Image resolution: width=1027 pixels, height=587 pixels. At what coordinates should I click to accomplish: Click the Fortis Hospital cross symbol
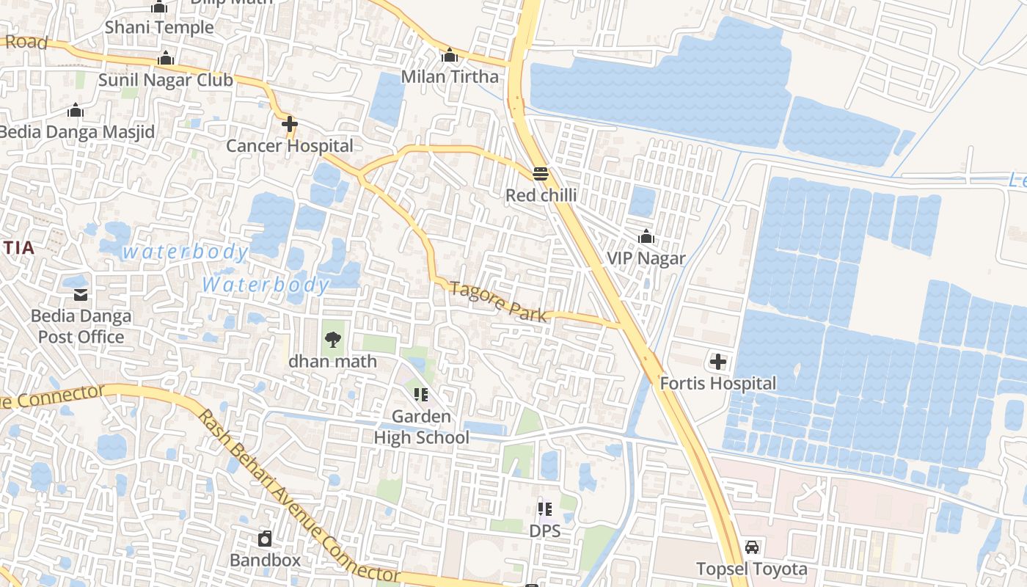click(x=717, y=362)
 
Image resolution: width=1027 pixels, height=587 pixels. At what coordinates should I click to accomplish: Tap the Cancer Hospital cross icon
click(x=290, y=124)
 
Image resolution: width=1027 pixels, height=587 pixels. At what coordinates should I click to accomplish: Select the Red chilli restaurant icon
click(x=541, y=174)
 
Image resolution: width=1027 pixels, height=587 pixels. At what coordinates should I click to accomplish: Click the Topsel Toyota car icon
click(x=752, y=547)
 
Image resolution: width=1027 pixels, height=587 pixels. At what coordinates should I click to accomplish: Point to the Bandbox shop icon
click(x=265, y=539)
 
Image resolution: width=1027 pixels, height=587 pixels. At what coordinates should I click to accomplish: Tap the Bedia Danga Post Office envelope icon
click(x=81, y=294)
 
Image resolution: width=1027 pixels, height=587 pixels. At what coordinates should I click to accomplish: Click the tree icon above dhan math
click(x=332, y=339)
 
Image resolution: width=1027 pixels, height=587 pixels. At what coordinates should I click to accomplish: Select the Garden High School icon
click(x=420, y=395)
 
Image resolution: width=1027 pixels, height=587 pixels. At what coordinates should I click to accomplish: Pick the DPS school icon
click(x=544, y=508)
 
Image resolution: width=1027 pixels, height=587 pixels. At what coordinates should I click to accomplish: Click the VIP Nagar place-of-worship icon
click(x=646, y=236)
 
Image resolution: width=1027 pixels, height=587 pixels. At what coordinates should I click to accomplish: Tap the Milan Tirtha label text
click(x=450, y=77)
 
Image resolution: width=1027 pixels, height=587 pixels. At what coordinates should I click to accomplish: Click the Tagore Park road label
click(x=499, y=302)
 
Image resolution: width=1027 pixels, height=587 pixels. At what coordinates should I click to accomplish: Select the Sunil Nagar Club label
click(x=166, y=80)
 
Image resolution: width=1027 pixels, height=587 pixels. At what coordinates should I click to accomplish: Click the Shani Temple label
click(x=159, y=28)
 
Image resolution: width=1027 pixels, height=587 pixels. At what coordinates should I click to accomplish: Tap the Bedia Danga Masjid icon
click(x=76, y=111)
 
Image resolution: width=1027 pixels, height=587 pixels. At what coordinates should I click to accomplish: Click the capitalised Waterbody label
click(x=266, y=285)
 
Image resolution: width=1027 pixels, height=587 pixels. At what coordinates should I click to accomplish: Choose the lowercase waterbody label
click(x=185, y=252)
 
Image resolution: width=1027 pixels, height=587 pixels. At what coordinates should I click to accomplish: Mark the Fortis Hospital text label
click(x=717, y=384)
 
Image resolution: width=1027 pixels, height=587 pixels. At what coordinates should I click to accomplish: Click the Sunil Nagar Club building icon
click(x=166, y=58)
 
